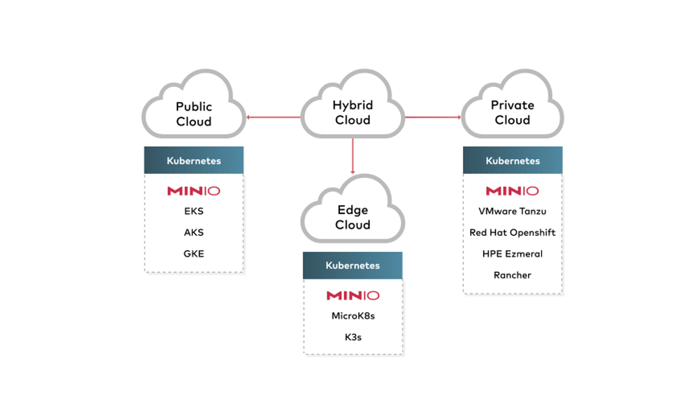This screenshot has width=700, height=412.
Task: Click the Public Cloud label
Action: coord(194,114)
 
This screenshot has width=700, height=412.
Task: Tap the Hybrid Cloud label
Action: coord(353,112)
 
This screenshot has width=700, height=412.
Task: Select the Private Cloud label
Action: coord(512,112)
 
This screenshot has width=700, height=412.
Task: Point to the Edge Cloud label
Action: coord(353,217)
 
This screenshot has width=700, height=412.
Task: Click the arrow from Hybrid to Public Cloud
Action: coord(273,117)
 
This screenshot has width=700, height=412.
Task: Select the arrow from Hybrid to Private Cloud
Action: coord(433,117)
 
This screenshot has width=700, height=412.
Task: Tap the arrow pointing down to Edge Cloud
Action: coord(353,156)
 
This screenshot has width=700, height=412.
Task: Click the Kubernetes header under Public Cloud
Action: coord(194,161)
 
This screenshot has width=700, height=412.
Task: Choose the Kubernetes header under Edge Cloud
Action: coord(353,265)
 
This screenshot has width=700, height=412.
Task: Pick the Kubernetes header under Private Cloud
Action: coord(513,161)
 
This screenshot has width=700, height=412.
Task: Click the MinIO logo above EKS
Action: coord(194,191)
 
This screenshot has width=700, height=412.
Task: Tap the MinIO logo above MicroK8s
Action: coord(353,295)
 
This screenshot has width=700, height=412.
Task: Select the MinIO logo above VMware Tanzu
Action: coord(512,191)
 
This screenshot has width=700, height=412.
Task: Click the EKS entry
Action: coord(194,211)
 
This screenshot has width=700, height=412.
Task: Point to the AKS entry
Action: coord(194,233)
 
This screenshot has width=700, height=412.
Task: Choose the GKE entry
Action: coord(194,254)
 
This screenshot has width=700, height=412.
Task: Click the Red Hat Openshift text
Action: coord(512,233)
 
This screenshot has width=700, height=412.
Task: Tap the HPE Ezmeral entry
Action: coord(512,254)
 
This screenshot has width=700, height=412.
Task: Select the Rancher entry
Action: coord(512,275)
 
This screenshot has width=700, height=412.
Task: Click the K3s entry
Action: coord(353,337)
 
